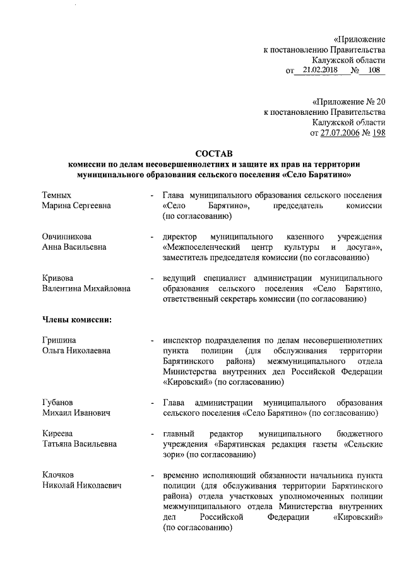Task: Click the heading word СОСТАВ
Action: click(214, 153)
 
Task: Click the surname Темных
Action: click(57, 195)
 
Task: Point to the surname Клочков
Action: click(59, 474)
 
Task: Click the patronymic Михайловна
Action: click(105, 288)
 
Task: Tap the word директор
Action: click(181, 236)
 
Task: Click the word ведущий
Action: click(180, 278)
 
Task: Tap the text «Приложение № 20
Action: click(348, 102)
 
